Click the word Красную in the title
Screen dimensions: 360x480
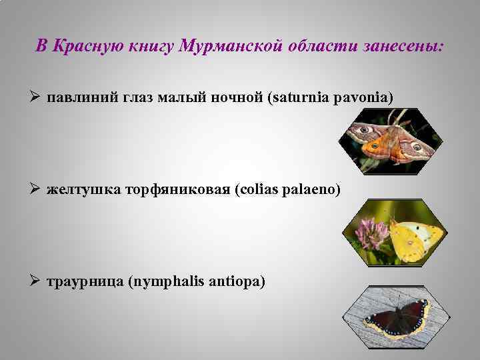coord(81,47)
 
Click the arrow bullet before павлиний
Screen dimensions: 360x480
coord(37,99)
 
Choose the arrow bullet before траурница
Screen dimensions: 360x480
coord(37,282)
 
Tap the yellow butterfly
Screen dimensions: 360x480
coord(413,237)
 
